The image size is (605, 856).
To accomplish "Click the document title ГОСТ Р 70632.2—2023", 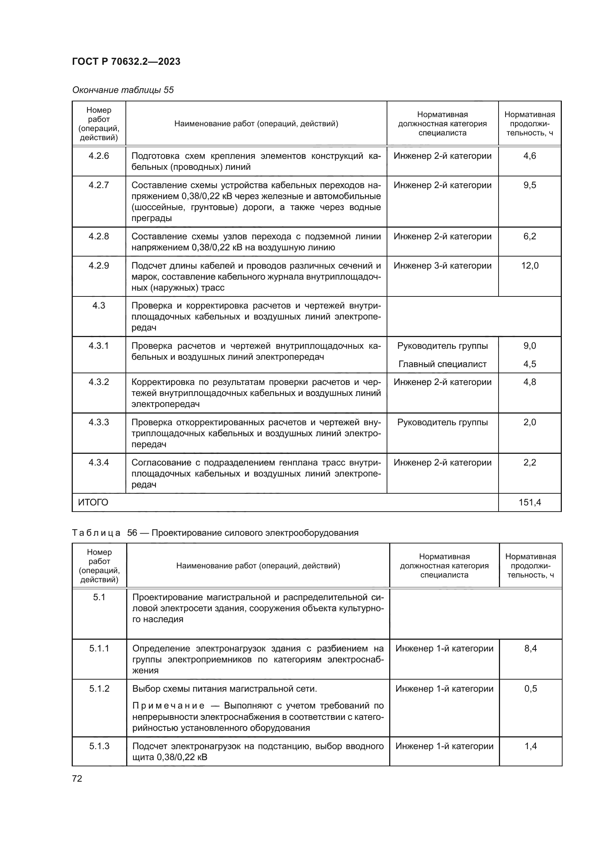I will point(126,61).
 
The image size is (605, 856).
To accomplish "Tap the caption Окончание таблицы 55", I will point(123,90).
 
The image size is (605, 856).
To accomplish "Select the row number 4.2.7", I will point(99,185).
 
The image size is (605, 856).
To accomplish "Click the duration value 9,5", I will point(529,185).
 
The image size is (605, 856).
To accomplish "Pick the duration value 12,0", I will point(529,266).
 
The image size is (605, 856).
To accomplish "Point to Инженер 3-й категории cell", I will point(442,266).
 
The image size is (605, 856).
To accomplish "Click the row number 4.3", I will point(99,306).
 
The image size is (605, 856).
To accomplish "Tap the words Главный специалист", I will point(442,364).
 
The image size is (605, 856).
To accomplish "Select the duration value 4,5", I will point(529,364).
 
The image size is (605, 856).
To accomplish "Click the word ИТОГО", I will point(93,502).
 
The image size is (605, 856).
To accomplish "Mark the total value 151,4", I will point(529,502).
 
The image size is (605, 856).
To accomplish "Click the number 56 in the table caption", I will point(132,533).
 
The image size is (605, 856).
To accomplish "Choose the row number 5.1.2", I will point(99,689).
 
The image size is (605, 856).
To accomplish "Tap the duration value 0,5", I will point(530,689).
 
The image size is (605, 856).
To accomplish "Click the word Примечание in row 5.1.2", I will point(168,706).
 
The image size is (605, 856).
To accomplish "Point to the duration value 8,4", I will point(530,648).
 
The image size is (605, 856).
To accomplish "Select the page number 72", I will point(77,778).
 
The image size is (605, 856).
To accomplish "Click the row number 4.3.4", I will point(99,463).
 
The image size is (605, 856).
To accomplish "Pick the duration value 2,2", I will point(529,463).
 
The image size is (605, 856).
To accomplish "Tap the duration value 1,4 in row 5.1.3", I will point(530,746).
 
